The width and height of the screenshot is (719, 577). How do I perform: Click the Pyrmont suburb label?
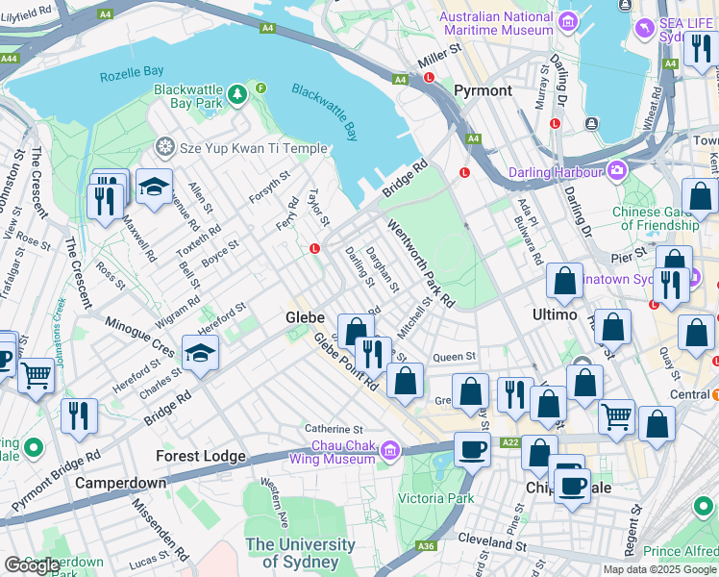point(483,90)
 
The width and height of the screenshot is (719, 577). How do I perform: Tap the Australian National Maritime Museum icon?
point(568,20)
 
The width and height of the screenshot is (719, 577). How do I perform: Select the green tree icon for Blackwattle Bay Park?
point(236,95)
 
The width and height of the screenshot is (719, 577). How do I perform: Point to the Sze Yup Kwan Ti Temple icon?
point(165,149)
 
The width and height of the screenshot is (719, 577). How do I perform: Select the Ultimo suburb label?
point(555,314)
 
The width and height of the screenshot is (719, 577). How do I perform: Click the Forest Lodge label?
point(202,456)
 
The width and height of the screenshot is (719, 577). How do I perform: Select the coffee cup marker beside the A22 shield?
point(471,449)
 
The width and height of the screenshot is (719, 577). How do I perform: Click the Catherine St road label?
point(334,429)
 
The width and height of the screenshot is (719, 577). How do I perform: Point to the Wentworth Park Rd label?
point(420,262)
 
